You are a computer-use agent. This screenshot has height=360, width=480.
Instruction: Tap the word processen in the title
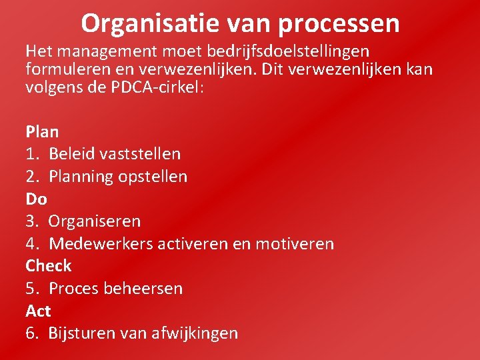pos(339,25)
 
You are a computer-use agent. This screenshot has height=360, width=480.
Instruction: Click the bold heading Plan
pos(42,132)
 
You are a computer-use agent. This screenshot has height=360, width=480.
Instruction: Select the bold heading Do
pos(36,199)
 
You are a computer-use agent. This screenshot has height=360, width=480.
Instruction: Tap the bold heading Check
pos(48,265)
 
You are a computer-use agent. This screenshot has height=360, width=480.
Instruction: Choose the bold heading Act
pos(38,311)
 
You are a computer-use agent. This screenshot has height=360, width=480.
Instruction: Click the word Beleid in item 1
pos(71,154)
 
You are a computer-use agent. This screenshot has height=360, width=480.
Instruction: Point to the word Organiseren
pos(95,221)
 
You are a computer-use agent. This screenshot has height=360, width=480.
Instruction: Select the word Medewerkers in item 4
pos(101,244)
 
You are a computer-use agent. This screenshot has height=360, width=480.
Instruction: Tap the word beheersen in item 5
pos(148,289)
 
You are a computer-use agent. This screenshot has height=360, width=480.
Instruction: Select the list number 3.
pos(31,221)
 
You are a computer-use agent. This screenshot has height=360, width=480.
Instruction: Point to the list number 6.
pos(31,333)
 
